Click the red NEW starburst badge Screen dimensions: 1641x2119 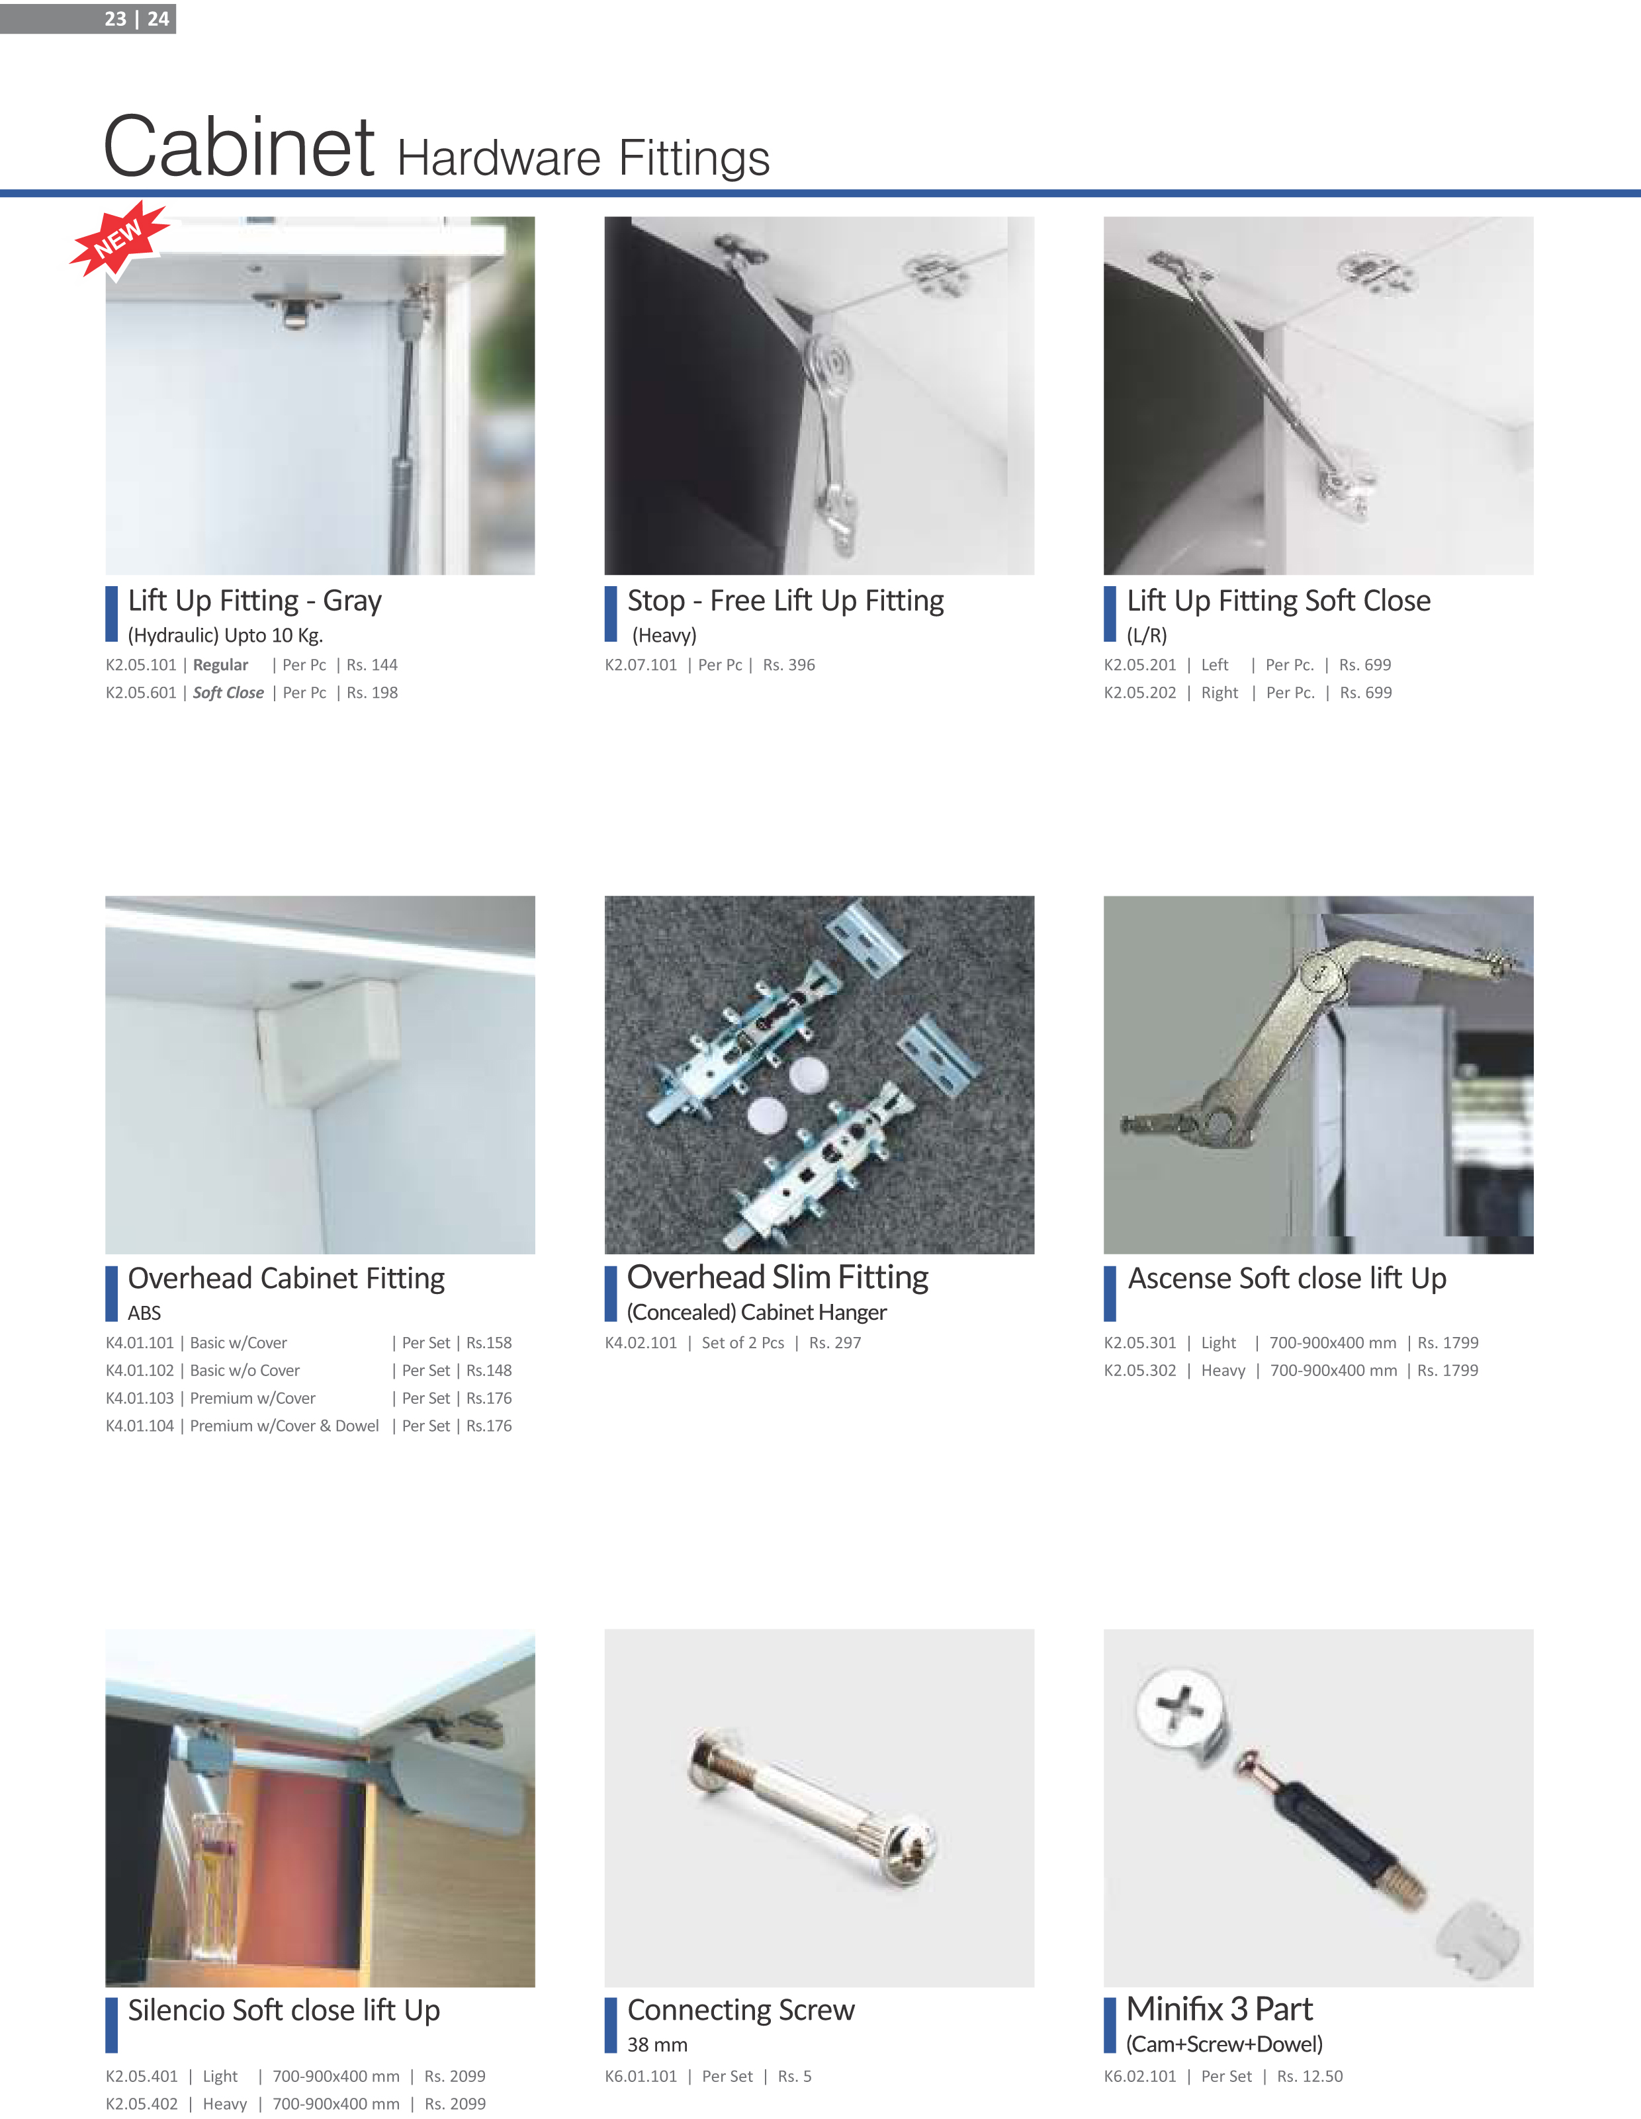coord(118,239)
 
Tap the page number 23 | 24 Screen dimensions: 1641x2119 coord(137,19)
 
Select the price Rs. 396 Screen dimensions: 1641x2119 coord(789,665)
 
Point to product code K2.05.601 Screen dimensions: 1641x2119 coord(141,693)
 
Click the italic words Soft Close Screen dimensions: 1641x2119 coord(228,693)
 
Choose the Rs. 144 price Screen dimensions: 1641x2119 coord(373,665)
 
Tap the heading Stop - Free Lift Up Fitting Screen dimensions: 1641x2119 coord(785,601)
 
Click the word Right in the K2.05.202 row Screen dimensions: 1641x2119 coord(1220,693)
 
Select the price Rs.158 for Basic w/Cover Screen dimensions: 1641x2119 coord(489,1343)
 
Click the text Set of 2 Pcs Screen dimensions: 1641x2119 coord(743,1343)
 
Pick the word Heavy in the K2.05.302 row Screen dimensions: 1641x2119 coord(1223,1370)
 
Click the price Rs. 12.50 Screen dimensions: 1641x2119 coord(1310,2076)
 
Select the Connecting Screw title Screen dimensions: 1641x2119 coord(740,2009)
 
